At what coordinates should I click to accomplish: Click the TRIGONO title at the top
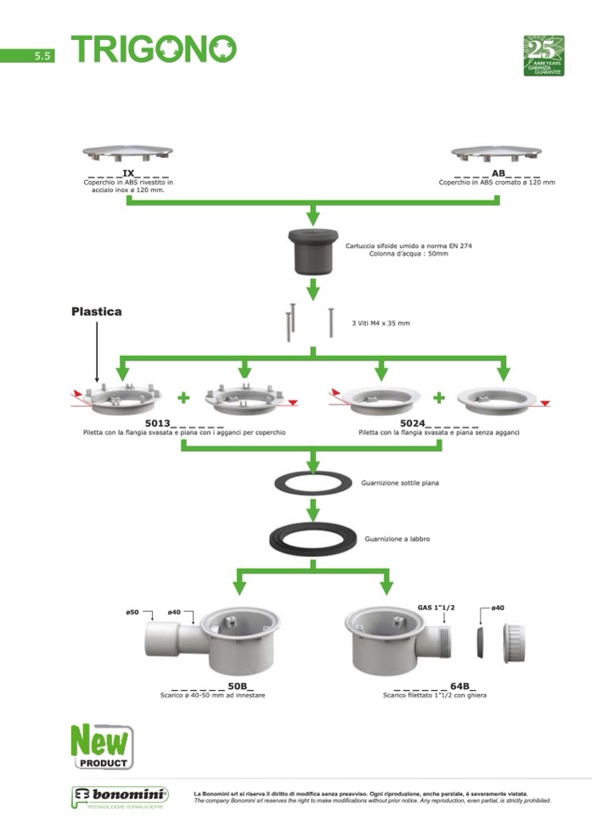(x=154, y=49)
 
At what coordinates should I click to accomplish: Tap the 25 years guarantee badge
(x=544, y=55)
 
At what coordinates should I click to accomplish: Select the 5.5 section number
(x=43, y=56)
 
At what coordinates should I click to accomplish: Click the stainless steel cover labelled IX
(x=127, y=154)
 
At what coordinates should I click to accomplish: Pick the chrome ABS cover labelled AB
(x=496, y=154)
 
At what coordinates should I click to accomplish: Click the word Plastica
(x=96, y=312)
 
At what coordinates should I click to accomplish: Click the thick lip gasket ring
(x=313, y=538)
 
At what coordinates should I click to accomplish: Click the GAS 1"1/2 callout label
(x=437, y=608)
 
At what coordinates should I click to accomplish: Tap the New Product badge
(x=101, y=745)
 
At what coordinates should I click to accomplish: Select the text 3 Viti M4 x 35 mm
(x=381, y=324)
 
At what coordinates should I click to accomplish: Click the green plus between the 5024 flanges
(x=439, y=397)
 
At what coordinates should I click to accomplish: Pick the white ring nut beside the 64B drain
(x=513, y=642)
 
